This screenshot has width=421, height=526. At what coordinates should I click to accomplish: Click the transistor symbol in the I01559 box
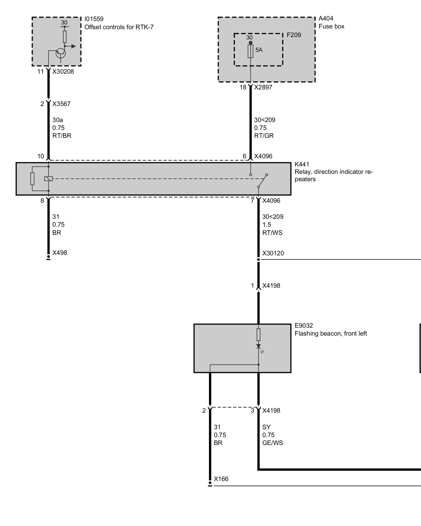(x=61, y=53)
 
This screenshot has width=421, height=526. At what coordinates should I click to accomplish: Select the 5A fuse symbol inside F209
(x=250, y=51)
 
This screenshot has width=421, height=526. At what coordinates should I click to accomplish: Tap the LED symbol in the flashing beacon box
(x=258, y=346)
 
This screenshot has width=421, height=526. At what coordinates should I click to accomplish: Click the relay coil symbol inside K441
(x=48, y=179)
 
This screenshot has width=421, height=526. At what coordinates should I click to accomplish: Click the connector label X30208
(x=63, y=72)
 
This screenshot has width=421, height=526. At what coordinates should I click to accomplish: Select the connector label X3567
(x=61, y=104)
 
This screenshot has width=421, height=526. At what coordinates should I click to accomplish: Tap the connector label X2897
(x=263, y=87)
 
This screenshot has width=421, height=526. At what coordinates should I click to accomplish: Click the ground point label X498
(x=60, y=253)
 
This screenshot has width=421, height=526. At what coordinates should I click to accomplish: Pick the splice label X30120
(x=273, y=253)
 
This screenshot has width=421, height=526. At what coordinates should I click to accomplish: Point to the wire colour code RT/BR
(x=62, y=136)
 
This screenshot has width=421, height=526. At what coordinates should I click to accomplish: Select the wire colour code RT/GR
(x=264, y=136)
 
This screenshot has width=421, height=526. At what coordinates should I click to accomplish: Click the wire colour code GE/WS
(x=273, y=443)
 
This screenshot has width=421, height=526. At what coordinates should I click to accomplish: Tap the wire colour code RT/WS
(x=272, y=233)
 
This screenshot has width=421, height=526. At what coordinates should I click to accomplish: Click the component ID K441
(x=302, y=164)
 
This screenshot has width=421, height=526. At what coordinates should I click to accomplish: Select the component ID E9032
(x=304, y=326)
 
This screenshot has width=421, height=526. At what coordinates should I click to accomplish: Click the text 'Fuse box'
(x=331, y=26)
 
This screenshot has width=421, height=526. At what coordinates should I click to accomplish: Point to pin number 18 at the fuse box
(x=243, y=87)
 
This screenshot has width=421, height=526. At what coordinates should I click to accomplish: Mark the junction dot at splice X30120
(x=258, y=260)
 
